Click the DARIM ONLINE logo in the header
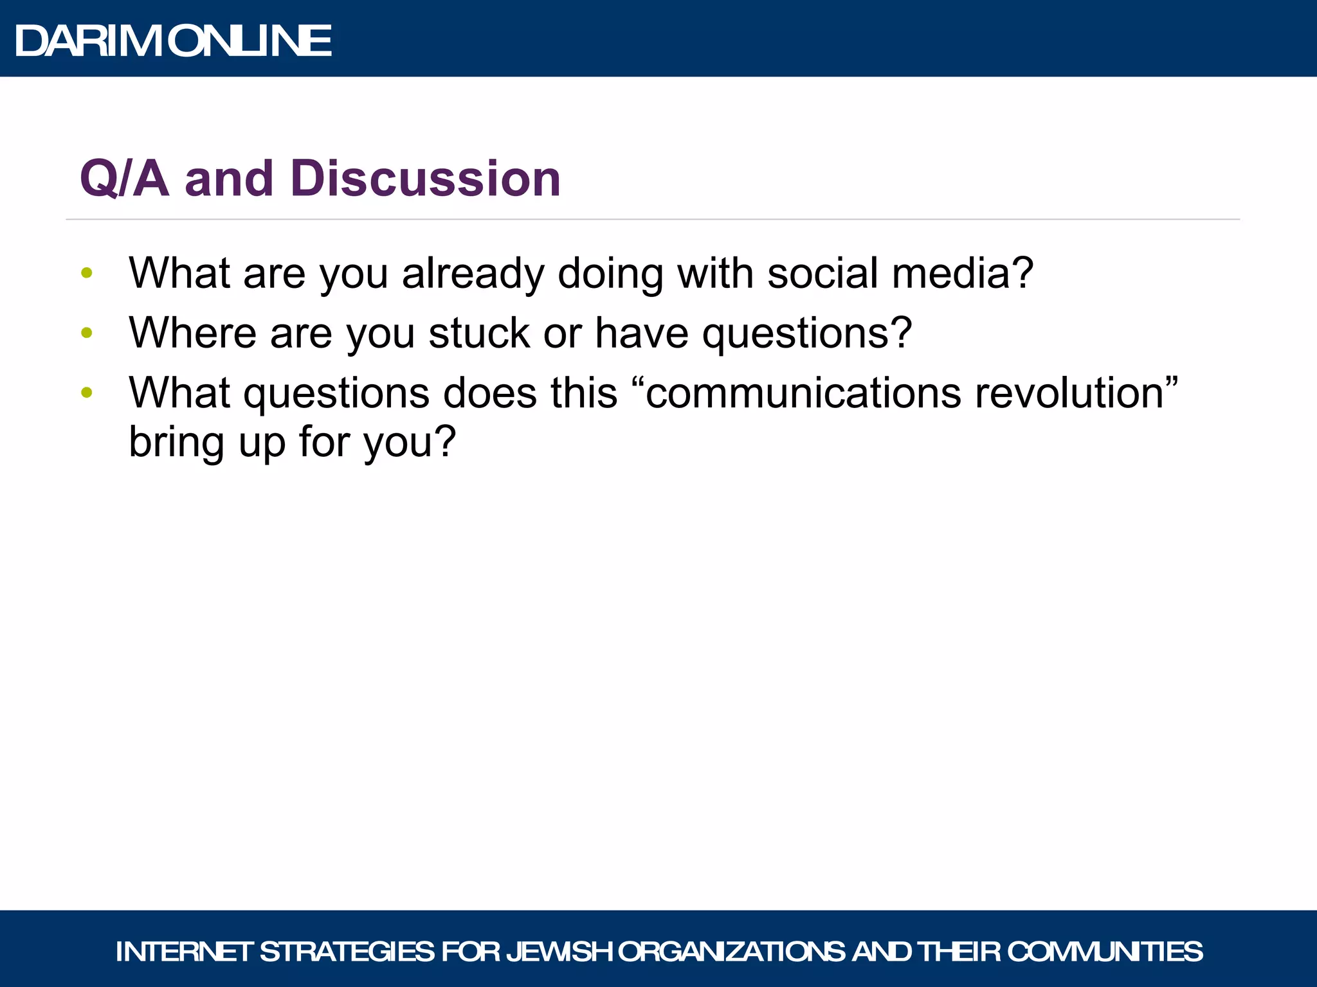click(172, 41)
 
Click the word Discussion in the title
click(425, 178)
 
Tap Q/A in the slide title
click(124, 178)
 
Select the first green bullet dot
click(87, 273)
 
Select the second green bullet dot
click(87, 333)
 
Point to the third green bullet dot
click(87, 392)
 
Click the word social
click(822, 273)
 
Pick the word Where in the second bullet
click(192, 333)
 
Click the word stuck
click(479, 333)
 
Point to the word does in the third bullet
click(490, 392)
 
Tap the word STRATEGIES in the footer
click(347, 952)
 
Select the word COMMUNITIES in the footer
click(1104, 952)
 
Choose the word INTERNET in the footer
click(184, 952)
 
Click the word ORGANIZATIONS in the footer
click(731, 952)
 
